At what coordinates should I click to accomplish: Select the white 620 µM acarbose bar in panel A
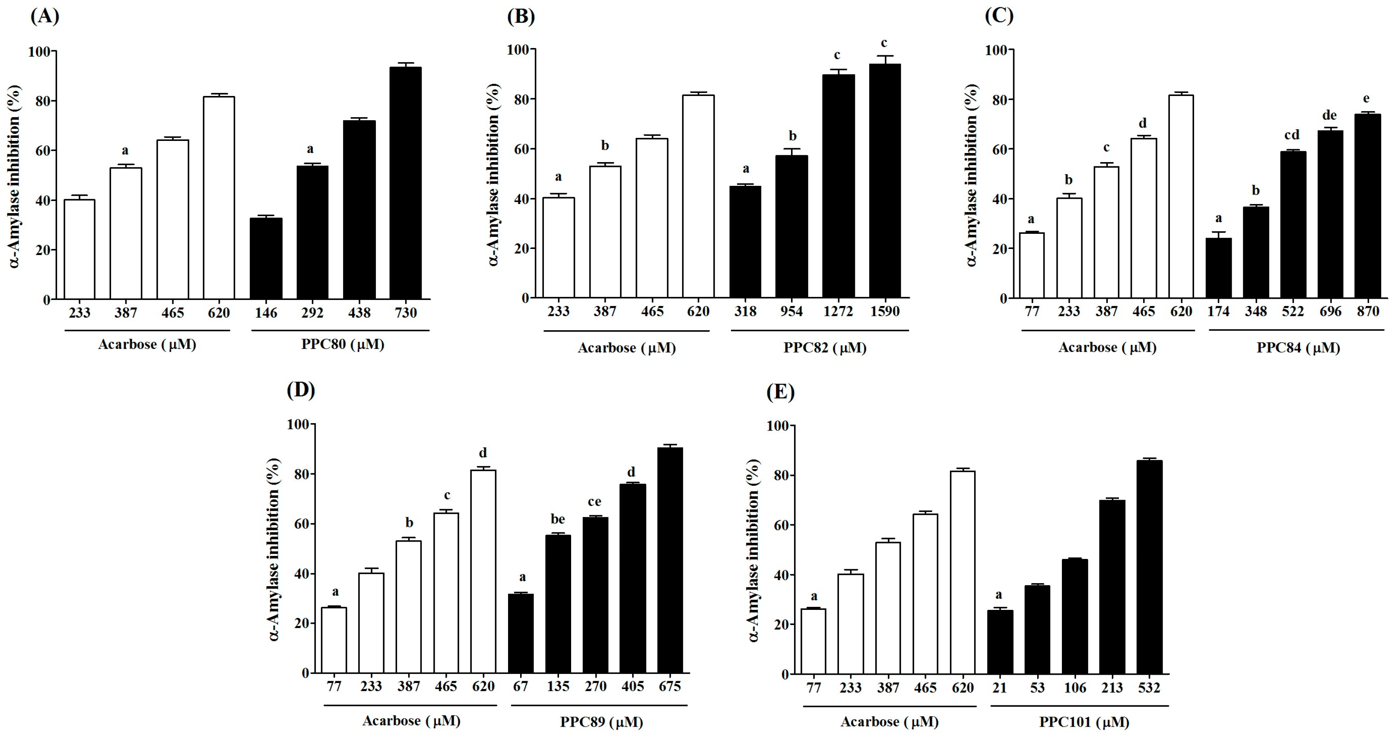[219, 198]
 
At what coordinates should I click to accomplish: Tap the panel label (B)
[521, 16]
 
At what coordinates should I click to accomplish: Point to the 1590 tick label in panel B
[885, 312]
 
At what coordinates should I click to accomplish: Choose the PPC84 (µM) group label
[1298, 348]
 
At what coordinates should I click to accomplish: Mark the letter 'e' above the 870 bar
[1366, 98]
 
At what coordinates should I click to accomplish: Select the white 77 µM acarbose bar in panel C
[1032, 265]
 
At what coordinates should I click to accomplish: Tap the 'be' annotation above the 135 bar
[557, 519]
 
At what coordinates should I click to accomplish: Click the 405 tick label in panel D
[632, 686]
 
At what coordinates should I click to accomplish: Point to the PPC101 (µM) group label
[1084, 722]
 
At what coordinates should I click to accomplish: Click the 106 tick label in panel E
[1074, 688]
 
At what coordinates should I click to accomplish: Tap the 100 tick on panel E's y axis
[777, 426]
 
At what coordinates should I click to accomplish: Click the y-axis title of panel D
[274, 549]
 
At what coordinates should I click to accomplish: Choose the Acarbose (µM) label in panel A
[146, 344]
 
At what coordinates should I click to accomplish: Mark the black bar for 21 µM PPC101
[1000, 642]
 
